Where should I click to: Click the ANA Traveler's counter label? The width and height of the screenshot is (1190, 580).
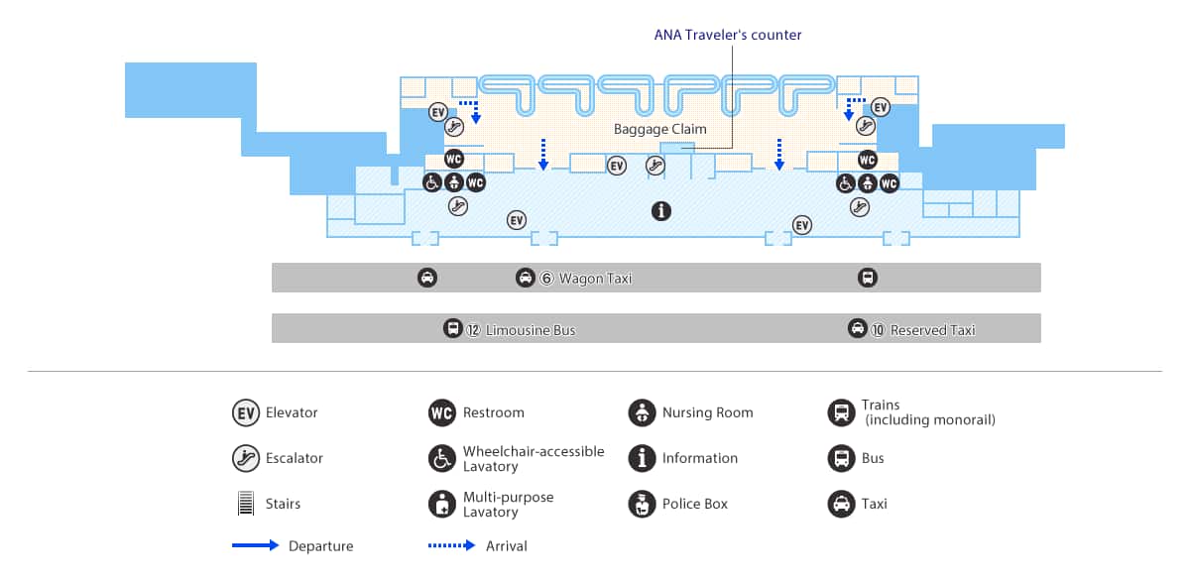(727, 35)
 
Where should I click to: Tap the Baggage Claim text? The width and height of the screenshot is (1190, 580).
(659, 129)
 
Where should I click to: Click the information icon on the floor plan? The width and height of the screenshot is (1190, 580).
(660, 211)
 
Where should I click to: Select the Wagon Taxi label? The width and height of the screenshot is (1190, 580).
(595, 279)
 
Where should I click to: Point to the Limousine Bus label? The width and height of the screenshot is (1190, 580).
(531, 330)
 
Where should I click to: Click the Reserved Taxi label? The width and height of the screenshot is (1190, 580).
(932, 330)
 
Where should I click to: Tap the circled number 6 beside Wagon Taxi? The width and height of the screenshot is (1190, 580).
(546, 279)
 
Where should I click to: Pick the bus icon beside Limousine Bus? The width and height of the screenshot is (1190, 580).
(452, 328)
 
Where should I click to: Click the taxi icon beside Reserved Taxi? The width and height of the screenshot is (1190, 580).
(858, 328)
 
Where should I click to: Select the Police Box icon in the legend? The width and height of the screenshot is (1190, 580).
(642, 504)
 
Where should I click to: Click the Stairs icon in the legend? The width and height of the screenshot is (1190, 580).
(246, 503)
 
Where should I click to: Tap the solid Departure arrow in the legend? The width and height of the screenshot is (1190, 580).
(256, 545)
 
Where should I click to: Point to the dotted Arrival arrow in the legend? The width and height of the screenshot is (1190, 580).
(451, 545)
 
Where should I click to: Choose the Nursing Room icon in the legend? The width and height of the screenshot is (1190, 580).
(642, 412)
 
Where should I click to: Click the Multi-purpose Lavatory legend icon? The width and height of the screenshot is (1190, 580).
(442, 504)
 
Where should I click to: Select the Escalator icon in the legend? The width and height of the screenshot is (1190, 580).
(246, 458)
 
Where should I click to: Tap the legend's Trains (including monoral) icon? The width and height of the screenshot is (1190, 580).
(842, 412)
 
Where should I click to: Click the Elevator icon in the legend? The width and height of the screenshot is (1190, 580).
(246, 412)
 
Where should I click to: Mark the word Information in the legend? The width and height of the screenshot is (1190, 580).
(700, 458)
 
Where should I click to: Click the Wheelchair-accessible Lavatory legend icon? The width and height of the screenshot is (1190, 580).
(442, 458)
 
